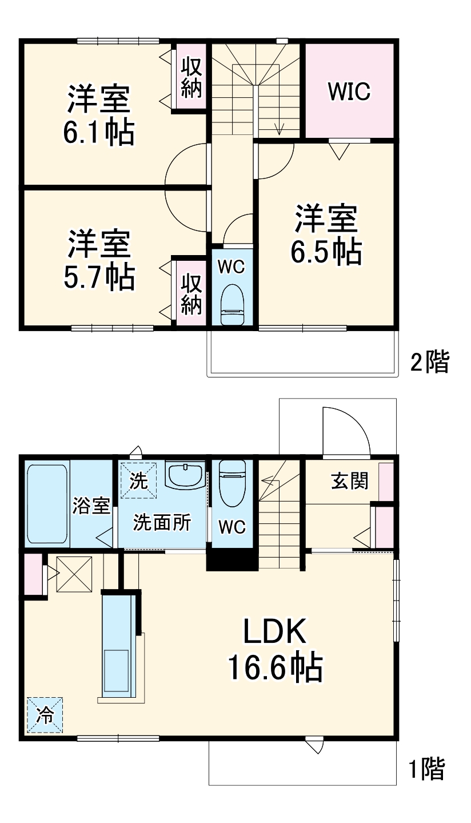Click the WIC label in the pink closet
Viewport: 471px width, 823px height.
349,92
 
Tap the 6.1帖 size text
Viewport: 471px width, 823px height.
98,133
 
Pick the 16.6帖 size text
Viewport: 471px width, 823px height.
276,667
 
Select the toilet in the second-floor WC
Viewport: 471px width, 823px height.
232,304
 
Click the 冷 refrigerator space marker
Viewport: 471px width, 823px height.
45,714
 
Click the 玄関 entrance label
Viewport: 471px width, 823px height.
349,482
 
